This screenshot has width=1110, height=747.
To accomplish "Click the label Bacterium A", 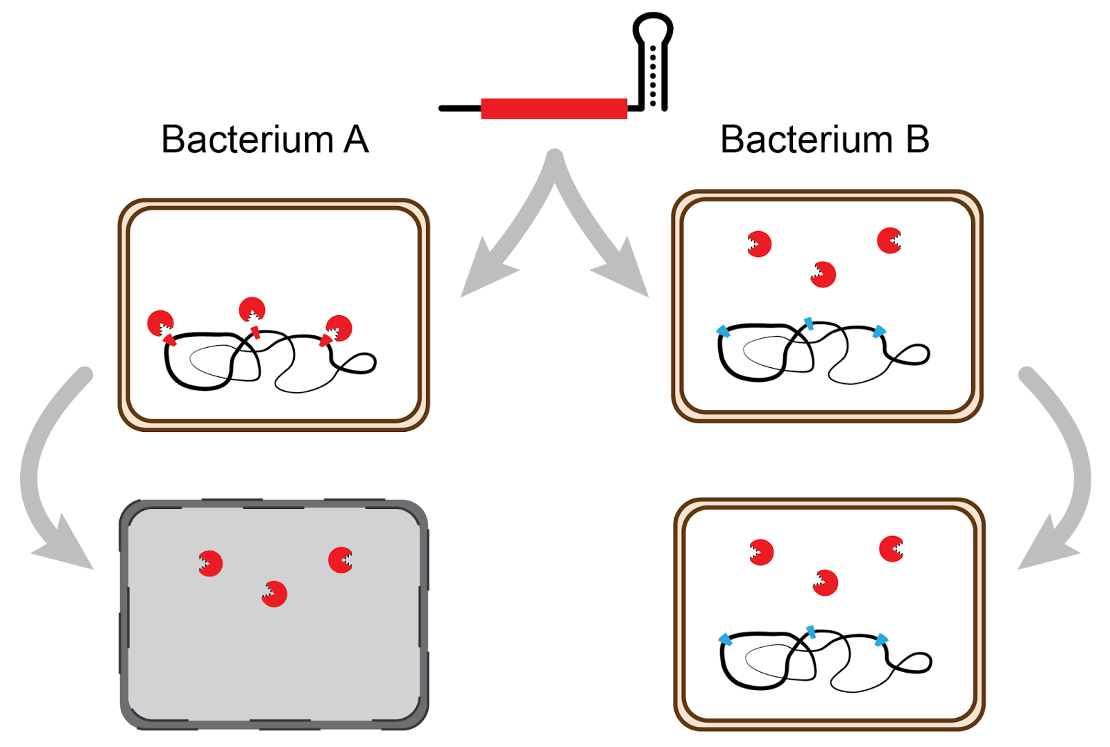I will (x=264, y=140).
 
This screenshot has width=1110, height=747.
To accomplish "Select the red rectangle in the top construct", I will (x=554, y=108).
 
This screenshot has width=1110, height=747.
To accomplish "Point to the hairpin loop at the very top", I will (x=653, y=28).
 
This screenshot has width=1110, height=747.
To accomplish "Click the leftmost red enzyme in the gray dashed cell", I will (x=210, y=563).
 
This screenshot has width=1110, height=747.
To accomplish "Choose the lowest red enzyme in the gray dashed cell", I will (x=275, y=594).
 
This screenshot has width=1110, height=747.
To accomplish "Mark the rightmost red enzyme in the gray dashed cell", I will (x=341, y=560).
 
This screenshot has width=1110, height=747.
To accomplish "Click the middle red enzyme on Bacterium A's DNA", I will (x=252, y=310).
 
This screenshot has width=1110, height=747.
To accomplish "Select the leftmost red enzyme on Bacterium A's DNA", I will (x=160, y=323).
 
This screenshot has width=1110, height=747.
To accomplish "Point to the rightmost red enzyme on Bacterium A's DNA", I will (x=339, y=328).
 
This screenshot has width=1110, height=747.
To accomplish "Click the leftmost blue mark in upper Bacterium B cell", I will (x=723, y=331).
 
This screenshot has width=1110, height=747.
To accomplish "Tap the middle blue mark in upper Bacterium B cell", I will (x=809, y=322).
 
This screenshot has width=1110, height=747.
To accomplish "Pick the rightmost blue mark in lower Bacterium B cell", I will (x=882, y=639).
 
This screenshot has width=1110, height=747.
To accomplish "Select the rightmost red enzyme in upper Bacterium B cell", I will (x=889, y=240).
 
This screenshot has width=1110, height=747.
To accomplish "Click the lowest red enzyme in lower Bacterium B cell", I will (x=825, y=582).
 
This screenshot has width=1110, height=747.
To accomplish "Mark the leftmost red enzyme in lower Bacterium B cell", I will (x=761, y=552).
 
